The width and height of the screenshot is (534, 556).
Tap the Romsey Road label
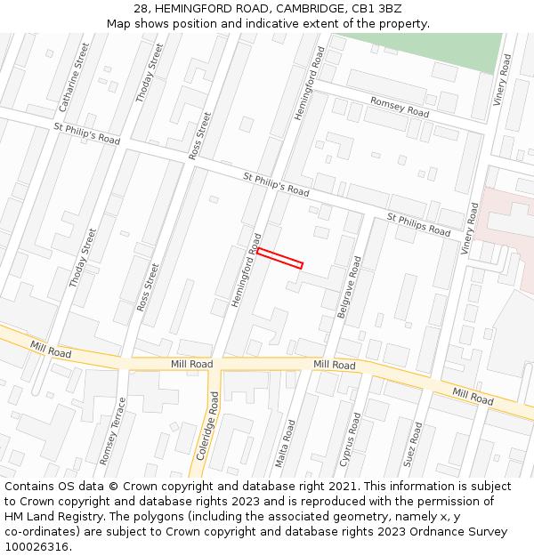(x=400, y=108)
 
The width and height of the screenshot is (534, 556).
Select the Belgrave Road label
(x=349, y=287)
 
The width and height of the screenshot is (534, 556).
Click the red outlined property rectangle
(x=280, y=258)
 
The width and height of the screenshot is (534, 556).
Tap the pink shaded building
(x=503, y=222)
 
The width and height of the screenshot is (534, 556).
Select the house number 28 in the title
(x=142, y=8)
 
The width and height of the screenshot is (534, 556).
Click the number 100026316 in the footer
(x=36, y=546)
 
